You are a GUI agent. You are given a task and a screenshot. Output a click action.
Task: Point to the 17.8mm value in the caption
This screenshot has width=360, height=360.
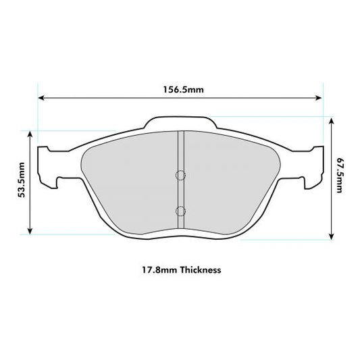(154, 269)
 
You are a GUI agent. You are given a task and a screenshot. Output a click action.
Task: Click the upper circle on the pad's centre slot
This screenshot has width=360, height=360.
(180, 175)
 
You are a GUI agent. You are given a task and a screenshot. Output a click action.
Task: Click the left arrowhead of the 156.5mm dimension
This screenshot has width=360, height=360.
(41, 98)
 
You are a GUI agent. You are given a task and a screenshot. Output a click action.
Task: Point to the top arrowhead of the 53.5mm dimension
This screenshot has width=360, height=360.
(30, 134)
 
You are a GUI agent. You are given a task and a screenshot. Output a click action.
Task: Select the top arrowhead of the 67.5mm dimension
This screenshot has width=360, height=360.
(332, 120)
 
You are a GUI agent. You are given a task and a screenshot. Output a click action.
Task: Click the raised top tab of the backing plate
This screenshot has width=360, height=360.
(180, 122)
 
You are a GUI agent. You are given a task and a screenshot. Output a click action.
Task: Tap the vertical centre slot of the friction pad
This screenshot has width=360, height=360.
(180, 192)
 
